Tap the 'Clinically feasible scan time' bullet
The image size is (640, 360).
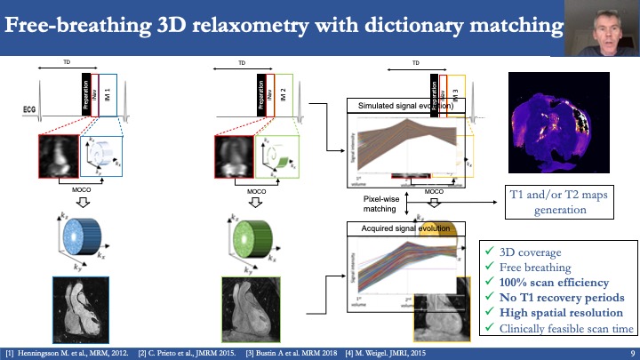561,329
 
